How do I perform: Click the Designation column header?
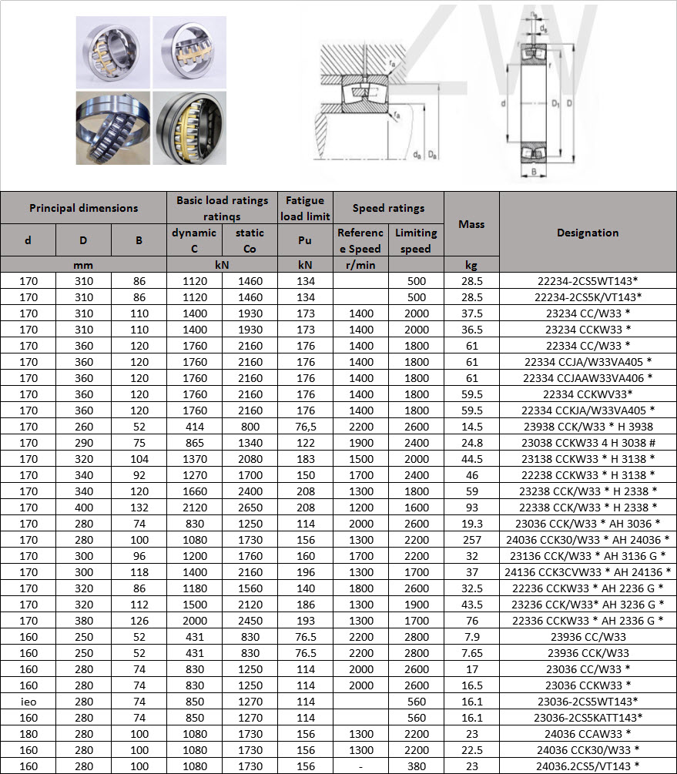coord(588,232)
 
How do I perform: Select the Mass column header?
coord(471,224)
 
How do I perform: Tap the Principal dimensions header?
coord(83,208)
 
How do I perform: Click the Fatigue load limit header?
coord(305,208)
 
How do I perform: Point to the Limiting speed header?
coord(416,240)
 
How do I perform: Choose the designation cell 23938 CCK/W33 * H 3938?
coord(588,427)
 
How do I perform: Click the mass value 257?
coord(471,540)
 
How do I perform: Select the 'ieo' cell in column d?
coord(28,702)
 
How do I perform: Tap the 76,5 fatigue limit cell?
coord(305,427)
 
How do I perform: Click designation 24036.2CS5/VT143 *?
coord(588,766)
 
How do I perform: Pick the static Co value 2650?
coord(250,508)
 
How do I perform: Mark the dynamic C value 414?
coord(194,427)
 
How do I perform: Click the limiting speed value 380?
coord(416,766)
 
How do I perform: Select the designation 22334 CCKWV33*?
coord(588,394)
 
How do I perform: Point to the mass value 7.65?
coord(471,653)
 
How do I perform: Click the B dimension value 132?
coord(139,508)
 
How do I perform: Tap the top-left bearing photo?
coord(112,52)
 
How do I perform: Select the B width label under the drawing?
coord(533,172)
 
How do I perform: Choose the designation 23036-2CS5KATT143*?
coord(588,718)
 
